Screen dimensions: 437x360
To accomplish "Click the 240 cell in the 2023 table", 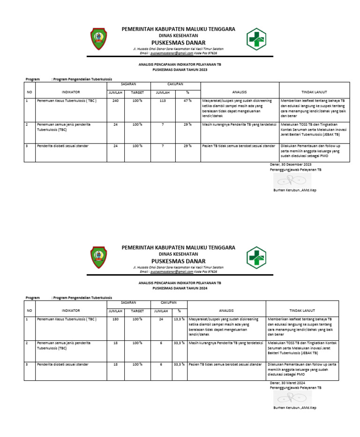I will (115, 101).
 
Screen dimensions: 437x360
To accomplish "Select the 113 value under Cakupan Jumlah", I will (163, 101).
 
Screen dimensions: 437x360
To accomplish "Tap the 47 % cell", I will (187, 101).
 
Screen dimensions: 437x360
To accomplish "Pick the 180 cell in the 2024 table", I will (115, 319).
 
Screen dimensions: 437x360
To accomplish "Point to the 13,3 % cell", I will (179, 319).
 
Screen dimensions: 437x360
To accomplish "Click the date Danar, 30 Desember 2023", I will (291, 165).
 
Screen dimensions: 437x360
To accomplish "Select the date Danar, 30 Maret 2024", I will (287, 383).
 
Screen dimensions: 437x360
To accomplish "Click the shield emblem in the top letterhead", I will (98, 39).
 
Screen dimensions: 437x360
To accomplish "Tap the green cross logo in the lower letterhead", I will (256, 257).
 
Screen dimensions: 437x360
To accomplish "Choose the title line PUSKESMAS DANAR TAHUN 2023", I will (180, 69).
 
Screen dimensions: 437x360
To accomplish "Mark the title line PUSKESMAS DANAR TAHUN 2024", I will (180, 288).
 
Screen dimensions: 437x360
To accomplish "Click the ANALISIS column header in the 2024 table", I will (226, 310).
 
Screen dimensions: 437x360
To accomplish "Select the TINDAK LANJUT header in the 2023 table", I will (314, 92).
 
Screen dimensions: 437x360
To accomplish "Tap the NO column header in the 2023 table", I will (30, 92).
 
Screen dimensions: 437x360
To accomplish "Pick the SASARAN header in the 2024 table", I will (128, 303).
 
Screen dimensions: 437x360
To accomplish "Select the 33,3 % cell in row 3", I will (179, 364).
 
